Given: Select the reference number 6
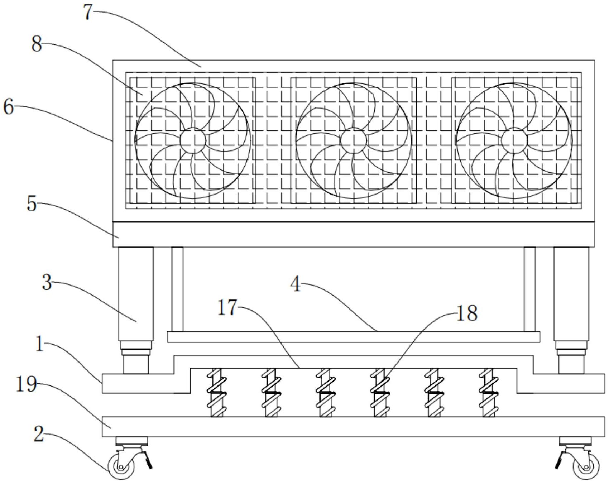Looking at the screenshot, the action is point(9,106).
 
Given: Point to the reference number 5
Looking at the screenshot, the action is point(32,204).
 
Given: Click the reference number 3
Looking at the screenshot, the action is point(47,283).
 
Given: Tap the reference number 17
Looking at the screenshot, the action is point(227,308).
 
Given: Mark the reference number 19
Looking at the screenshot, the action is point(26,385).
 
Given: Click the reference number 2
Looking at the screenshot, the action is point(39,434).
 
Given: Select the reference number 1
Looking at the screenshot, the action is point(40,344).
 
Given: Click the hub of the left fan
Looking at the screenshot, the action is point(193,140).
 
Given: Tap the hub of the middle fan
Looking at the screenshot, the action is point(354,140).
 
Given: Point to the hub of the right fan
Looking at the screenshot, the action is point(514,140).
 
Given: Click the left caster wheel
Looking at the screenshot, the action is point(121,467).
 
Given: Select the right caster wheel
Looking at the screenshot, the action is point(586,467).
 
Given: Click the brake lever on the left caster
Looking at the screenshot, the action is point(148,460).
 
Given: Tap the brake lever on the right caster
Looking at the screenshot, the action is point(560,460).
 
